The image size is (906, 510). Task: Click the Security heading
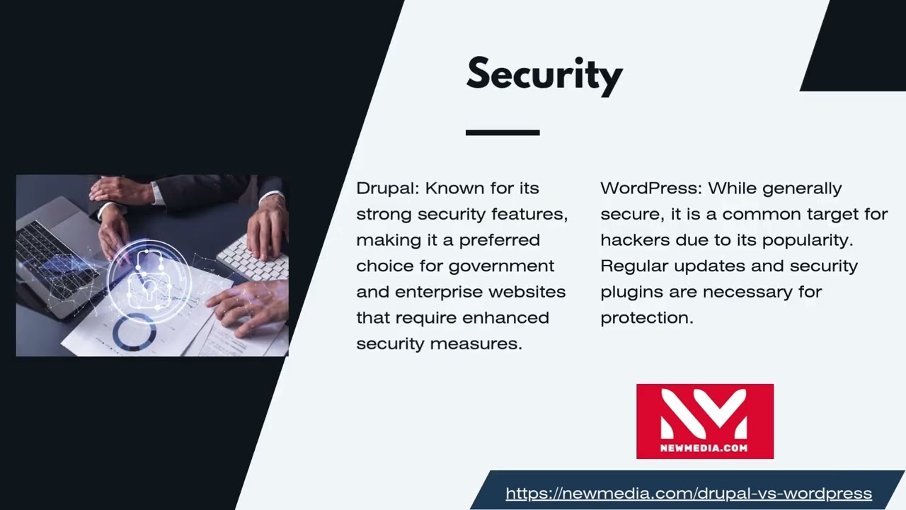[544, 74]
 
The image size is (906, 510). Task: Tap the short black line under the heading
[503, 132]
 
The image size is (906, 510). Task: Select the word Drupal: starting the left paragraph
[387, 188]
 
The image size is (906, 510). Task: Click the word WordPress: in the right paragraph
[650, 188]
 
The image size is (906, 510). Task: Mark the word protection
[646, 318]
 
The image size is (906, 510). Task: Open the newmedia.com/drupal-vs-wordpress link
[688, 494]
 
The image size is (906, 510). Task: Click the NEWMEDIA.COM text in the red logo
[704, 448]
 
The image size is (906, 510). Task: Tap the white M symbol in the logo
[704, 414]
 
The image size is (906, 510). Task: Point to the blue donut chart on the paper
[134, 331]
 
